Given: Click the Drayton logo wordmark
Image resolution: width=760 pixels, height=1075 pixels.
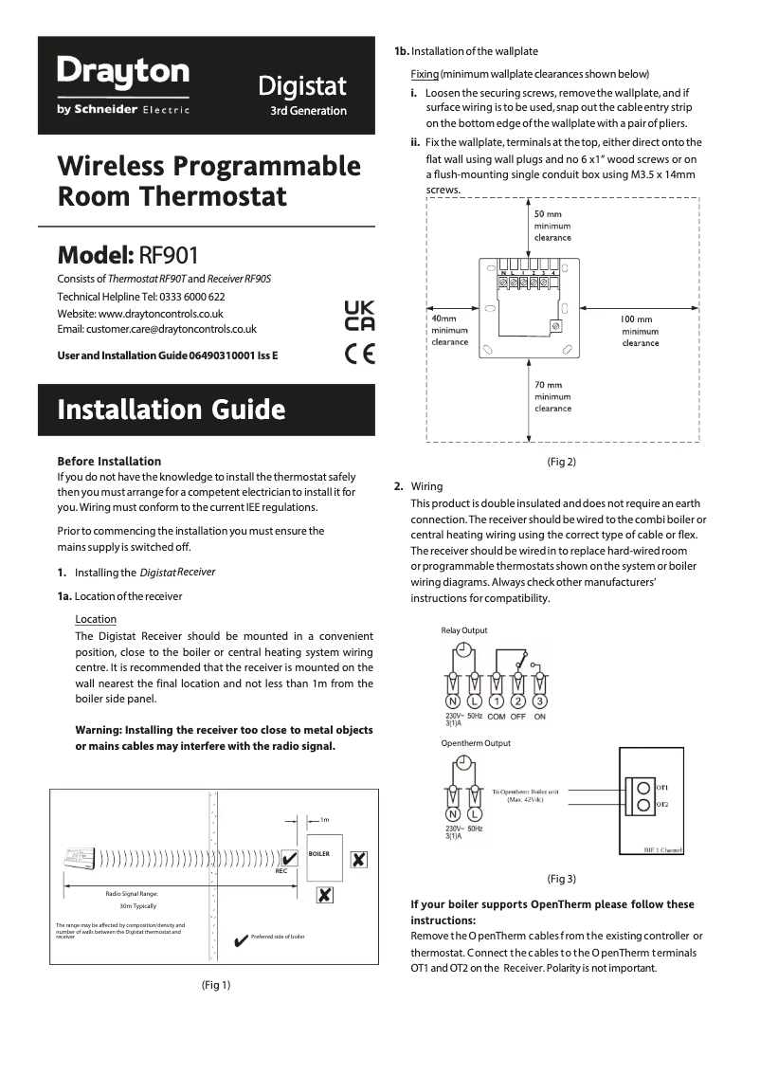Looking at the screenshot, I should [123, 71].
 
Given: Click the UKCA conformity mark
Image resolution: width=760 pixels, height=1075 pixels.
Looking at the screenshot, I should [358, 315].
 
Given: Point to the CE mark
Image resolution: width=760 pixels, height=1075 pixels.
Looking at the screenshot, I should [359, 355].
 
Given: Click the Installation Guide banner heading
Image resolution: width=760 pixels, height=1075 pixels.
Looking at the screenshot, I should [171, 410].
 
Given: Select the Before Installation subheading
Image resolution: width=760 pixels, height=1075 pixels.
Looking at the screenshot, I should [109, 461].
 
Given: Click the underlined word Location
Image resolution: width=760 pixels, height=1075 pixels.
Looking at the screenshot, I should [96, 619].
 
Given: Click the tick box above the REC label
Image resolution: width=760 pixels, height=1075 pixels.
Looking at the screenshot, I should [290, 858].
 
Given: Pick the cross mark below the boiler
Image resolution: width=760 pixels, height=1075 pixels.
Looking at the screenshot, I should [324, 894].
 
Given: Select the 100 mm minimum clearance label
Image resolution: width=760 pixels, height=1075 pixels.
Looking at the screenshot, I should [641, 331].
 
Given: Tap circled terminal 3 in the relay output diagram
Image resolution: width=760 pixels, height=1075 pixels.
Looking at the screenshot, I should [539, 701].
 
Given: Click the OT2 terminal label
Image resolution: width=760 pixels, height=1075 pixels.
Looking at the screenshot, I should [661, 804].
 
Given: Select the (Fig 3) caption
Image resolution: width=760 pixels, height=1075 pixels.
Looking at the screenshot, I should [562, 878].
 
